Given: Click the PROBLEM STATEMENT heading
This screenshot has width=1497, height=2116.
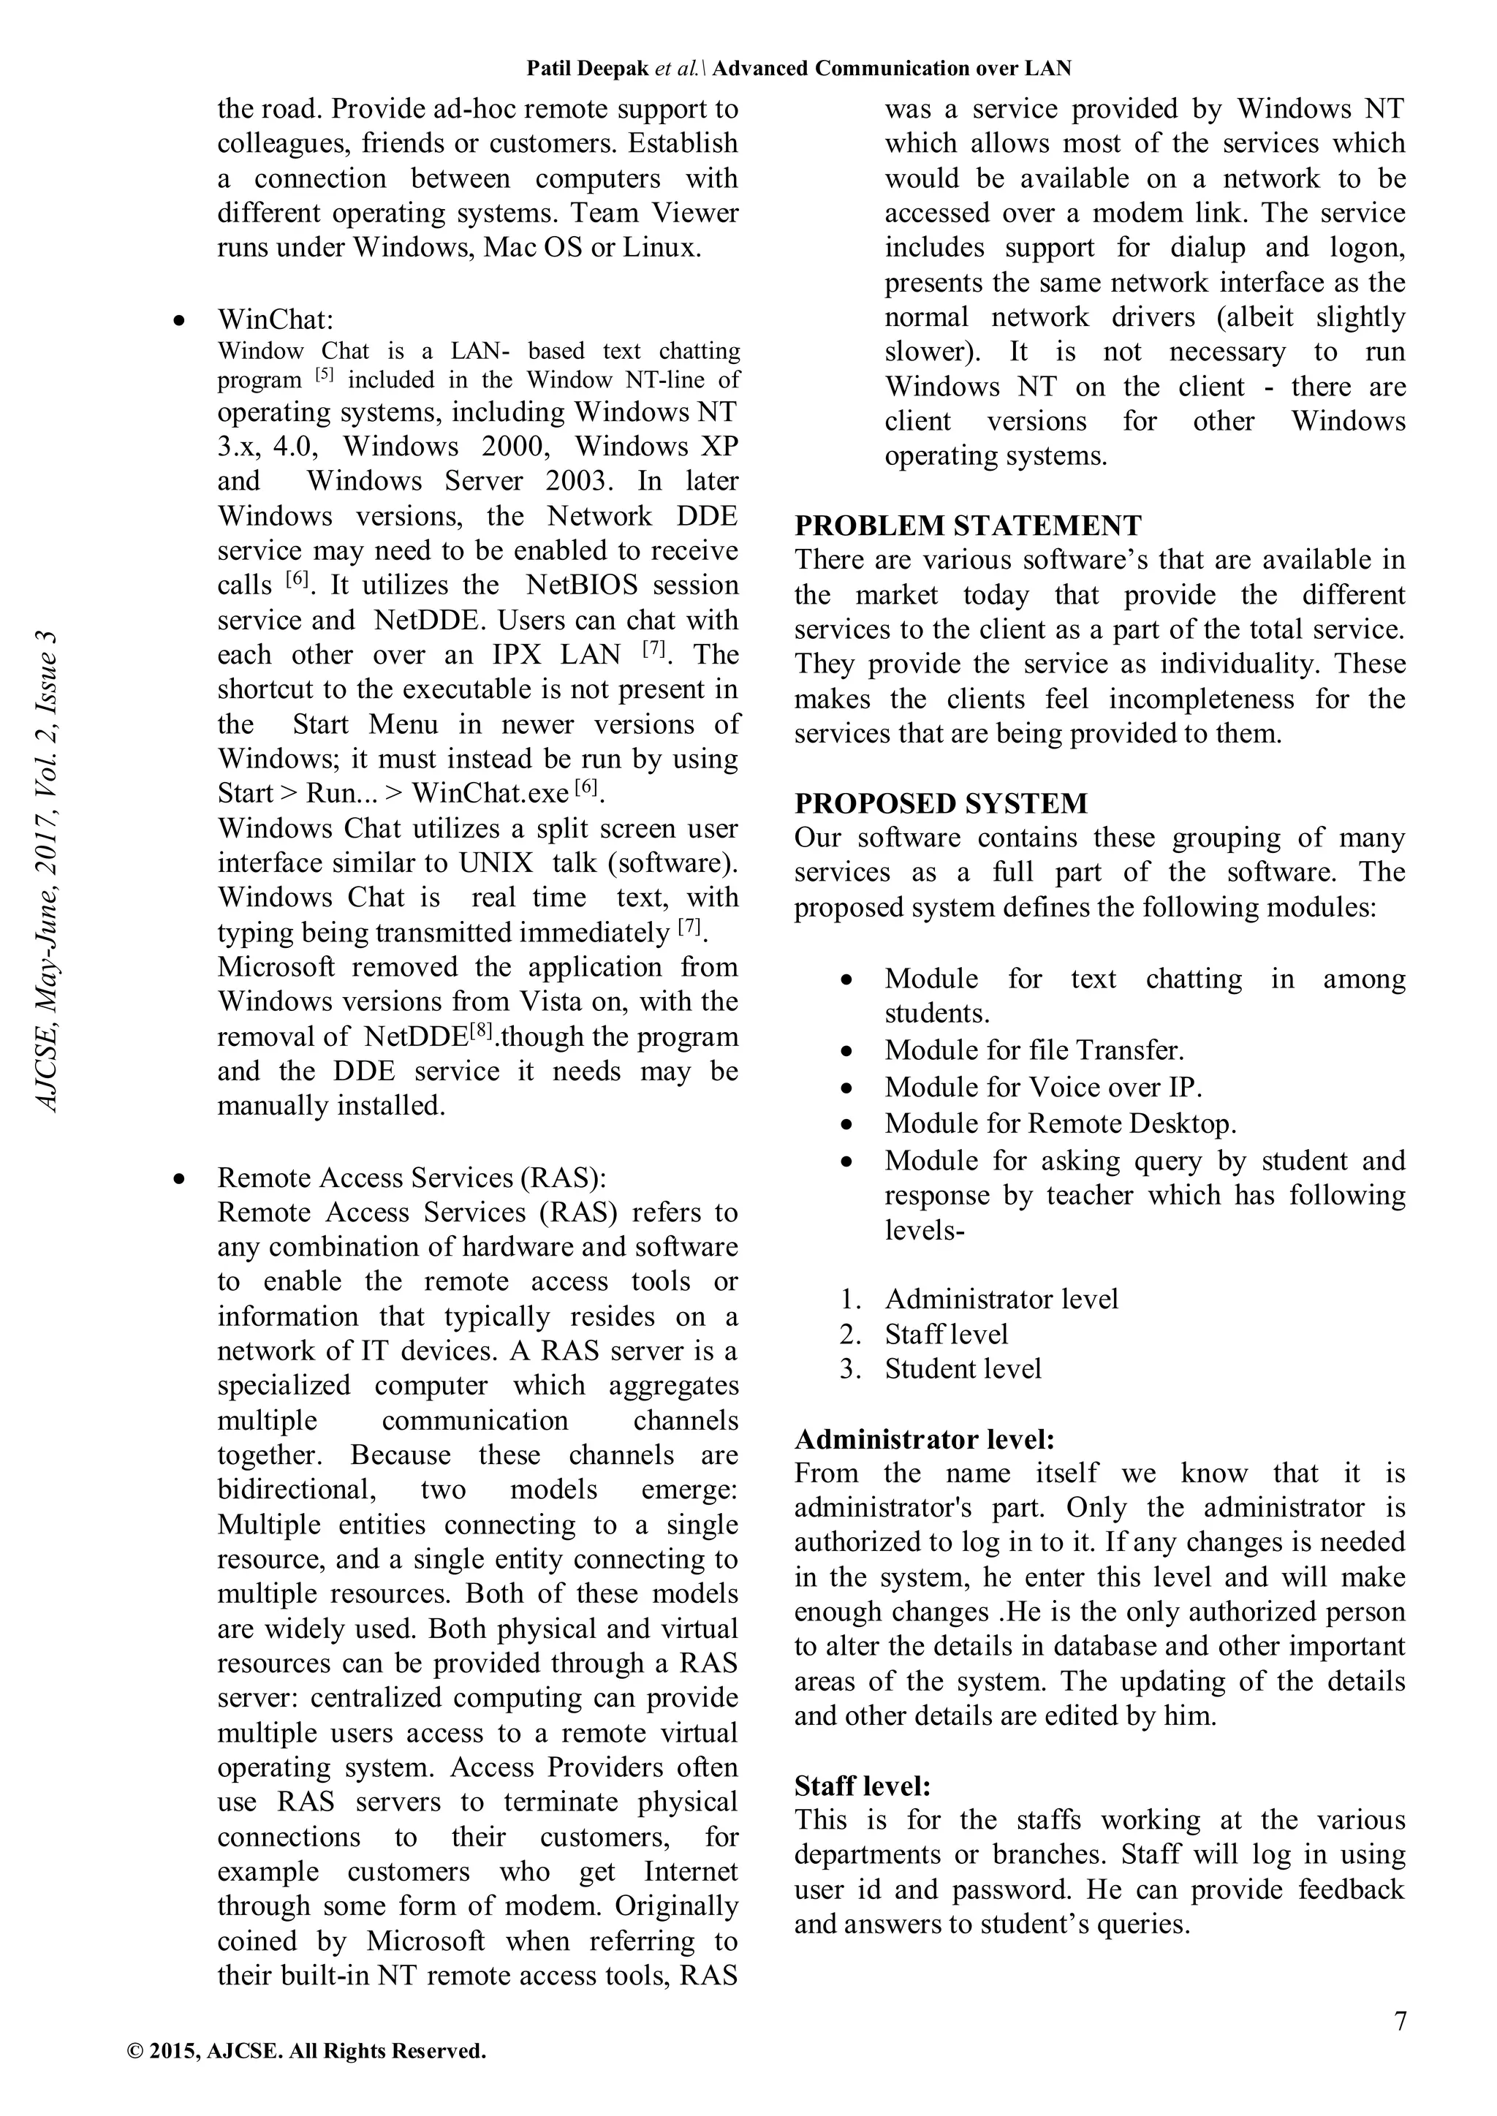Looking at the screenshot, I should pos(967,526).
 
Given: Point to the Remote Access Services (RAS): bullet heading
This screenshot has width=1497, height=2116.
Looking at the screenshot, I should pos(411,1177).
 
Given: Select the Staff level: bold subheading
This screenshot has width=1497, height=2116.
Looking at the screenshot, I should pos(862,1786).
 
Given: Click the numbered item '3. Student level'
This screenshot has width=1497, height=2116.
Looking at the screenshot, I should pos(961,1368).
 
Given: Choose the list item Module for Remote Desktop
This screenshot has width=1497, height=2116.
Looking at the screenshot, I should pos(1060,1123).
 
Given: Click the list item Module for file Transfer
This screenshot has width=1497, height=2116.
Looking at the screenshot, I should pos(1034,1050).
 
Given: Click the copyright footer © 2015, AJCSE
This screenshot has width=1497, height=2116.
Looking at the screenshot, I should pos(306,2052).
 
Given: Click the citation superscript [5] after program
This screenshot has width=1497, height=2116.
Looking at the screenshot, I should pos(324,375).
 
